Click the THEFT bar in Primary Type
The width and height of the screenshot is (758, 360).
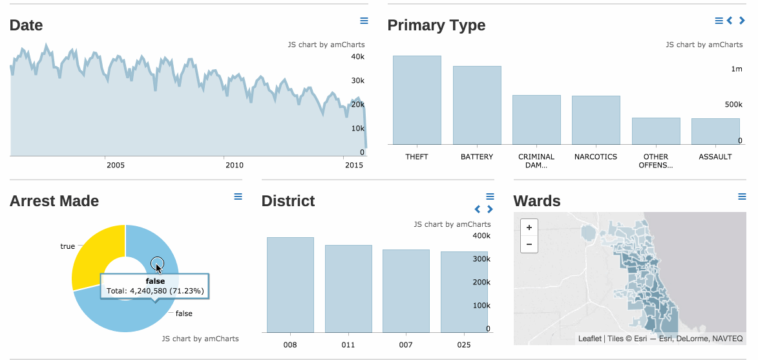417,100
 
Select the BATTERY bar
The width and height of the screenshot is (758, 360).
477,105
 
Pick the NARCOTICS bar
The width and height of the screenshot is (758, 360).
596,120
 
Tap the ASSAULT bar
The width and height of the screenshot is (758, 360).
715,131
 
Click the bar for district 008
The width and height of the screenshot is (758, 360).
290,284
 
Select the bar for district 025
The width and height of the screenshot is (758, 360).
464,291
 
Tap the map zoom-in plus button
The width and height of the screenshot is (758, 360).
529,228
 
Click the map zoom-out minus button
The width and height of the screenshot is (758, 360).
529,244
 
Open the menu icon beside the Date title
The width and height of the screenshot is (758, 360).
364,21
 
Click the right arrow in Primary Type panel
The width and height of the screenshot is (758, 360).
742,21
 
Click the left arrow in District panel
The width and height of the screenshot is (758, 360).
478,209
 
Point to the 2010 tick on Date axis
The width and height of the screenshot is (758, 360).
235,165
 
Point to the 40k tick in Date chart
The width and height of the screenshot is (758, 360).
357,57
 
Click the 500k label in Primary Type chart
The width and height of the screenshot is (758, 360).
733,105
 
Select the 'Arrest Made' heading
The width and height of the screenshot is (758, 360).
54,201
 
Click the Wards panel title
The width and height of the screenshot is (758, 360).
537,201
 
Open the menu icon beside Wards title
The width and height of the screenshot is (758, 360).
742,196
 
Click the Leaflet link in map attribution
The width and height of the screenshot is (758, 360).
589,338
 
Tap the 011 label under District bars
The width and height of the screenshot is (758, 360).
348,345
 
